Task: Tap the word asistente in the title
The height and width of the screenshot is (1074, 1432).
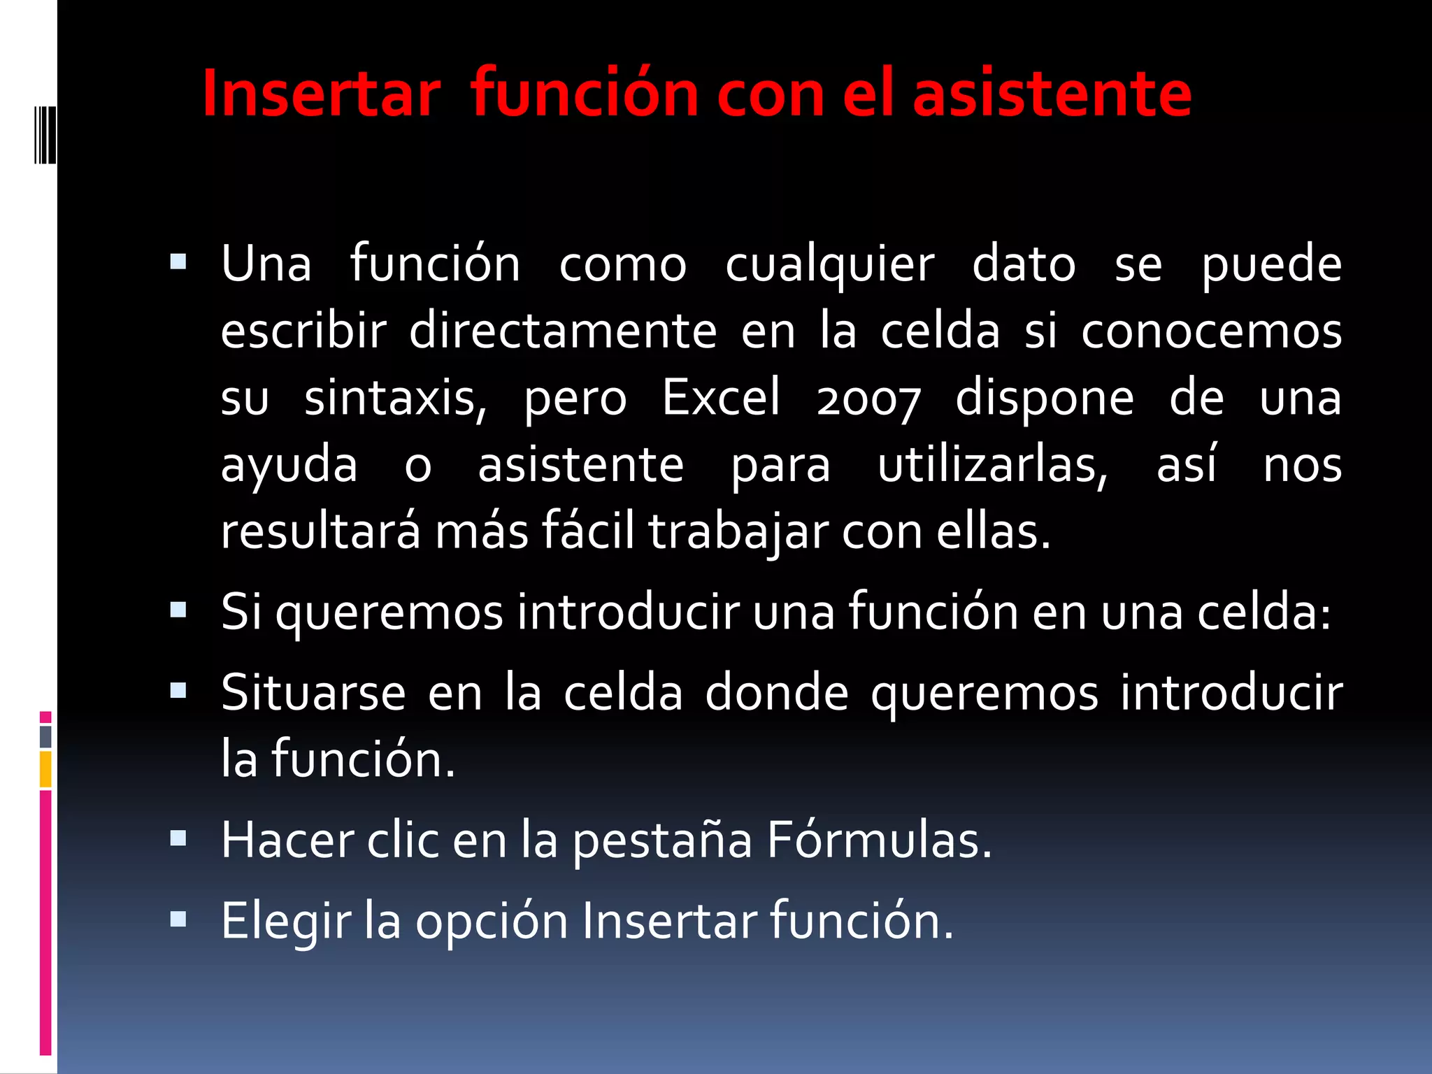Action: pos(1052,94)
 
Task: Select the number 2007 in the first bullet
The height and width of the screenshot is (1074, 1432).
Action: pos(868,399)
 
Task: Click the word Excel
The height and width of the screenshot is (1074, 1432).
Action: pos(721,397)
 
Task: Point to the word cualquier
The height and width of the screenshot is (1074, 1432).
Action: pos(829,266)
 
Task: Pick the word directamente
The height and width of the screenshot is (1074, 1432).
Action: pos(563,331)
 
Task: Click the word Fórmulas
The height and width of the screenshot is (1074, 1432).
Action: pos(879,840)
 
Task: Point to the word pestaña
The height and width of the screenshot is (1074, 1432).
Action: pos(662,841)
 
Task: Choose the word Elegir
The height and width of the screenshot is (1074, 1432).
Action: pos(286,922)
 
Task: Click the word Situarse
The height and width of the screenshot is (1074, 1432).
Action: pos(313,693)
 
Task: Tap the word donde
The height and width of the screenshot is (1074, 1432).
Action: pos(776,693)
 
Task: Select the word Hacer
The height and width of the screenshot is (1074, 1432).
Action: pos(287,840)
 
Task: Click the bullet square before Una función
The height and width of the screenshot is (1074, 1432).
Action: pos(178,263)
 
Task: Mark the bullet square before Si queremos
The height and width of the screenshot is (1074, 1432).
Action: pos(178,610)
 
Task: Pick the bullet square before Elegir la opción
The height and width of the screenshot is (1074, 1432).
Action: pos(178,919)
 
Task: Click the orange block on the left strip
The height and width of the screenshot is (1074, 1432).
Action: pos(45,768)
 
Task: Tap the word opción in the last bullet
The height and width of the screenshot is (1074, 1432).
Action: pos(492,922)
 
